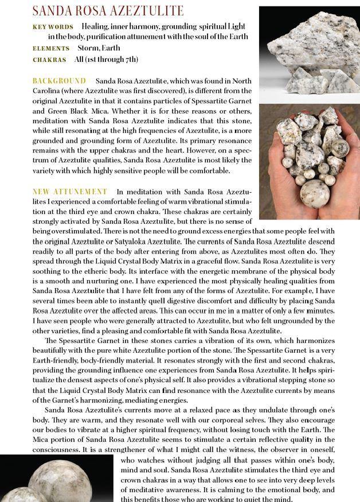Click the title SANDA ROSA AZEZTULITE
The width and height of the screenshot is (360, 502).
click(108, 11)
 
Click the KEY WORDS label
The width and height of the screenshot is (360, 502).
click(53, 27)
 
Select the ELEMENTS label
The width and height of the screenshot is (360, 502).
click(51, 49)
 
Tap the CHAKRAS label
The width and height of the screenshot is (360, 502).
click(49, 60)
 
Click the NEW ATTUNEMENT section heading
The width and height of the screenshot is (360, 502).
click(69, 191)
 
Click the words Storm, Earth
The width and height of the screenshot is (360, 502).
click(103, 49)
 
